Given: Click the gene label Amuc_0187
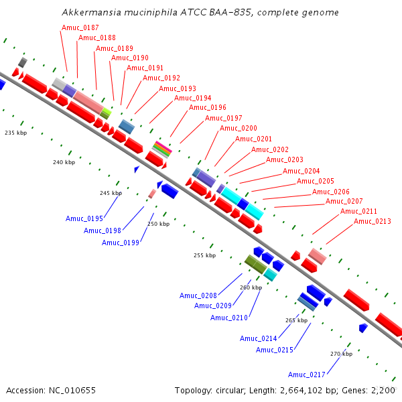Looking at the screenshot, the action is (80, 27).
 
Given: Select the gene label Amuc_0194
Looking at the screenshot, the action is (192, 98).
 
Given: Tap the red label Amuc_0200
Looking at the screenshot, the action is (238, 128).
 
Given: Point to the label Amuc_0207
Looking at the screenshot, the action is (344, 201).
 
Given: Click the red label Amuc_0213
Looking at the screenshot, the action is (373, 221).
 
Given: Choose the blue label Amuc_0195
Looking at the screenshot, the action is (84, 218).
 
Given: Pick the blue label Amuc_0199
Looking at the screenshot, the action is (121, 243).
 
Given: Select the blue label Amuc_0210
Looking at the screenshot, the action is (229, 318).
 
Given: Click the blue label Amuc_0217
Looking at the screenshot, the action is (307, 375).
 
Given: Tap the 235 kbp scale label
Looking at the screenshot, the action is (15, 133).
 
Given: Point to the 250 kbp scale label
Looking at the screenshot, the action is (158, 224).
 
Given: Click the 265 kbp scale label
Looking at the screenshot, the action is (296, 320).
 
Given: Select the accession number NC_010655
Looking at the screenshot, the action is (72, 390).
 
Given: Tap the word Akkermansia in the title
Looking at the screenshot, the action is (92, 12).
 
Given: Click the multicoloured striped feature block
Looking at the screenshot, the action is (162, 149).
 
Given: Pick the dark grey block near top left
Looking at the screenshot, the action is (23, 62).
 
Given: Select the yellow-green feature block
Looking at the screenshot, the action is (106, 114).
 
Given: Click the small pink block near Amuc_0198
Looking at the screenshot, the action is (152, 194).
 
